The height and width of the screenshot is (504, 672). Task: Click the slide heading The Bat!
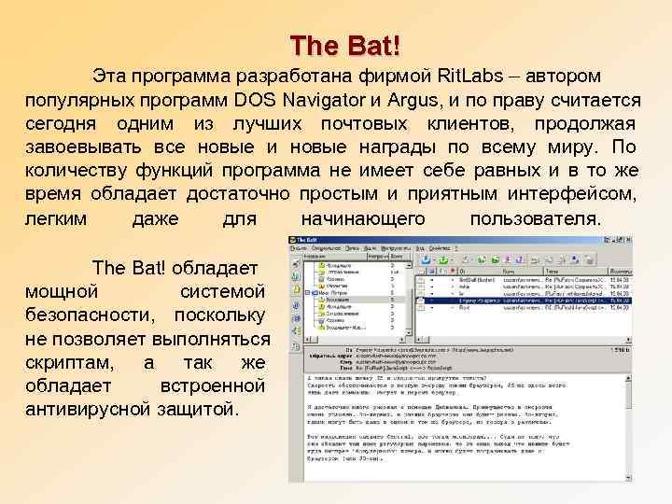337,44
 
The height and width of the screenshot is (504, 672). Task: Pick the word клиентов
469,124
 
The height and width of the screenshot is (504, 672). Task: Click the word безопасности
81,315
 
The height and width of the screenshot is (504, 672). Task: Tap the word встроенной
214,385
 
